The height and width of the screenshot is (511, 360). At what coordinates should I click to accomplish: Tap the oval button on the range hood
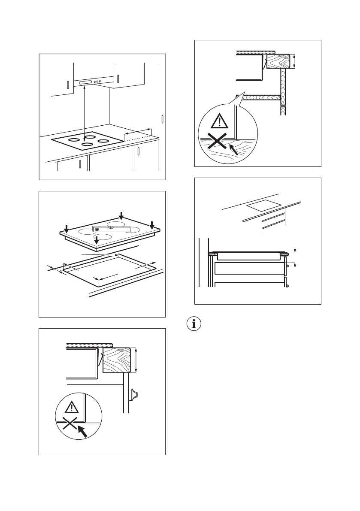85,82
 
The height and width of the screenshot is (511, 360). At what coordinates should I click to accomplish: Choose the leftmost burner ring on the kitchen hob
73,140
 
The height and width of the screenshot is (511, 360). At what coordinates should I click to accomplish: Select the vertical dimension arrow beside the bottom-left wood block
136,361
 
